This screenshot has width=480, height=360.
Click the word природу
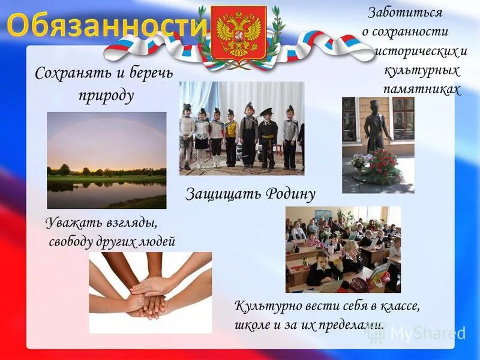point(106,96)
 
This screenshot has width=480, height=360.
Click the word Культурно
point(265,306)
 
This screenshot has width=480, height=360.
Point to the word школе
point(251,325)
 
